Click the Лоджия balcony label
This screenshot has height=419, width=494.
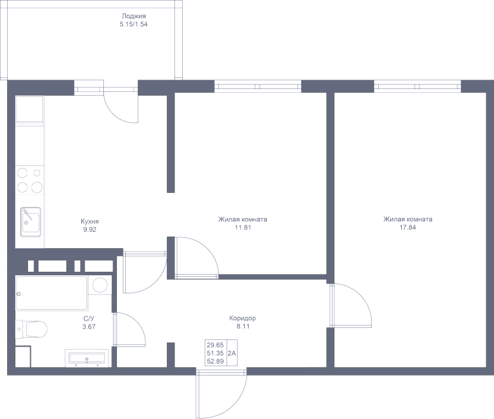coord(134,16)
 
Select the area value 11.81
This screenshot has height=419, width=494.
coord(243,227)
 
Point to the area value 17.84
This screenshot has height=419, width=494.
coord(408,227)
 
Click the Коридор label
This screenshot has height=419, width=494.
coord(243,318)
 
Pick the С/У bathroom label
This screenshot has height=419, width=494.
coord(89,318)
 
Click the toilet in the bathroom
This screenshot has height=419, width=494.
coord(32,329)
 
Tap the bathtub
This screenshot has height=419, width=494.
coord(52,293)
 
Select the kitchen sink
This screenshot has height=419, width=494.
coord(31,221)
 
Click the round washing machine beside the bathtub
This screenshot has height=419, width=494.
coord(100,285)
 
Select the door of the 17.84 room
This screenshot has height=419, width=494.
coord(351,306)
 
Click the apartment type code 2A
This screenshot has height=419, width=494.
coord(232,353)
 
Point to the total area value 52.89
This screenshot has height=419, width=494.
coord(214,361)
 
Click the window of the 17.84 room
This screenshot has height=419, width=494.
coord(417,86)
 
